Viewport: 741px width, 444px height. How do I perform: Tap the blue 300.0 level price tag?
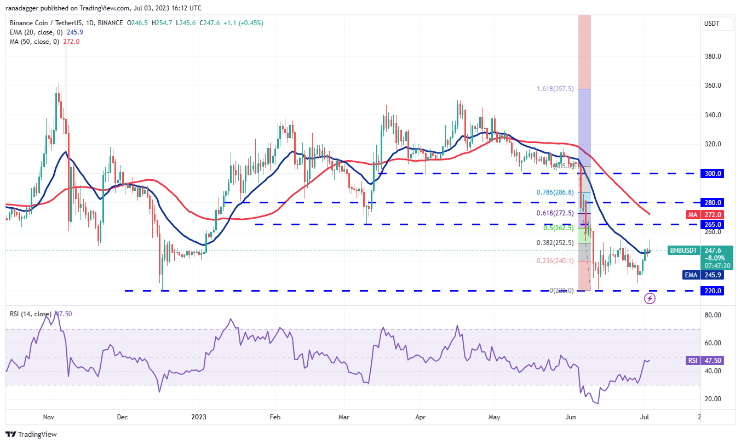(x=713, y=173)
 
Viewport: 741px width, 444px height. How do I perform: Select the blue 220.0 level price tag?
(x=713, y=291)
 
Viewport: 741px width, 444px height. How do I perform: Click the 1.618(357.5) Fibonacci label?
(x=555, y=88)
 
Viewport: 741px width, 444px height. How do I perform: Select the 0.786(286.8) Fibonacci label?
(x=554, y=192)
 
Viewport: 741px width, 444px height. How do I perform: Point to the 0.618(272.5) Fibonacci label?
(x=554, y=213)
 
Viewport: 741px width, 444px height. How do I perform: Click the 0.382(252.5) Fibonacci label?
(x=554, y=243)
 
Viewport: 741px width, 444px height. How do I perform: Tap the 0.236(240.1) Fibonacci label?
(x=554, y=261)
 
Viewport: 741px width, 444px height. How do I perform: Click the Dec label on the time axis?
(x=122, y=417)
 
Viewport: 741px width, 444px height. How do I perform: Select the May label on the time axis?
(x=494, y=417)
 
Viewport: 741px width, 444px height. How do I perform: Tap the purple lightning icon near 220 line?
(x=650, y=298)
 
